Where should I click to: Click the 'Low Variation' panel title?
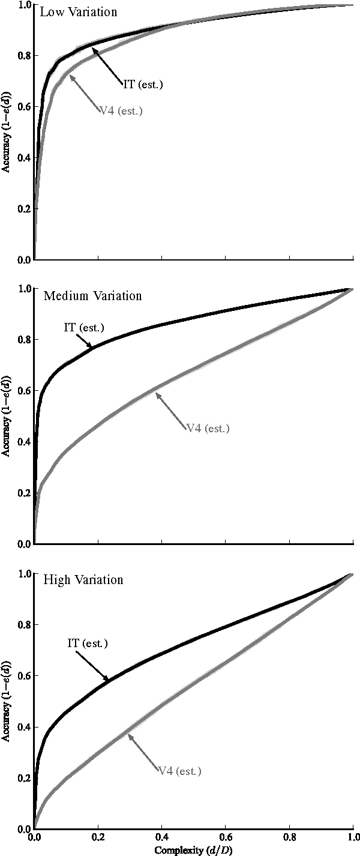click(71, 12)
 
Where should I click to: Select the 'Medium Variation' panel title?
click(93, 296)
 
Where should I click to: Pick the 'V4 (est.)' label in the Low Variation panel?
click(121, 110)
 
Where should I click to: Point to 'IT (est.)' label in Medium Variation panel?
click(84, 327)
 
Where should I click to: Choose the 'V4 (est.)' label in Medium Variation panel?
click(208, 428)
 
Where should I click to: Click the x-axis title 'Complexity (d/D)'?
click(193, 850)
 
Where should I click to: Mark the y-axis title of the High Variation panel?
click(5, 701)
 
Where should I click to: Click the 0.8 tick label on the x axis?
click(289, 837)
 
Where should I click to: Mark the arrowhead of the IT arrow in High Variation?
click(108, 680)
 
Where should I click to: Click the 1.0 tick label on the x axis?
click(352, 837)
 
